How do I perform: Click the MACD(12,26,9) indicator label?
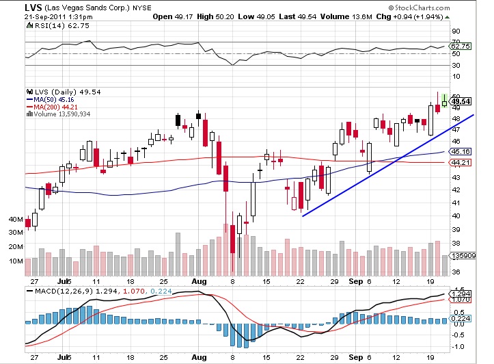58,293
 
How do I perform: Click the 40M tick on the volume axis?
15,220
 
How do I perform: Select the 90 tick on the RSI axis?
456,31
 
